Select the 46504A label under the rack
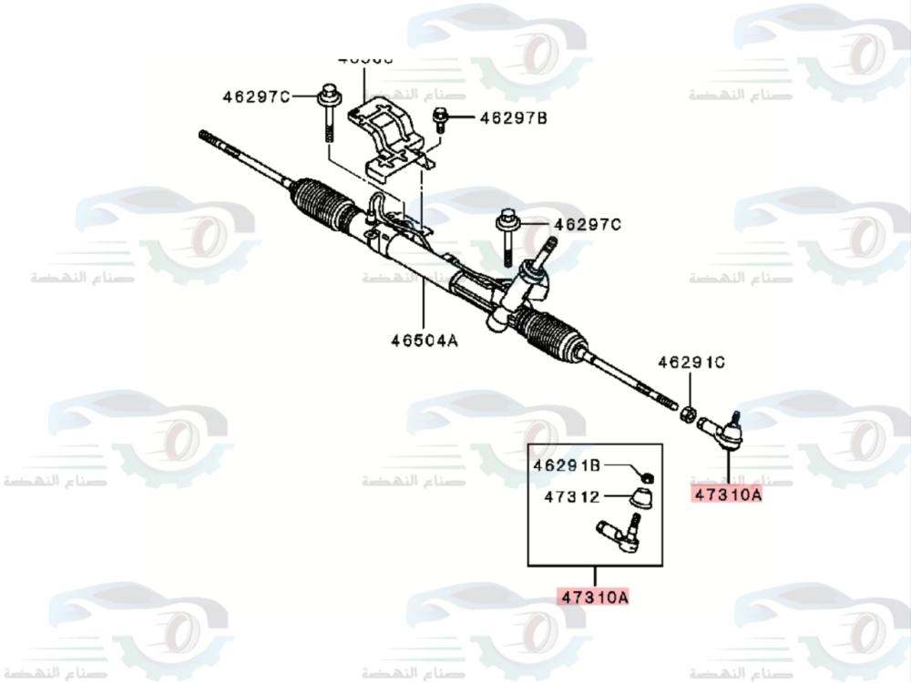tap(424, 341)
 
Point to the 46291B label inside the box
tap(567, 466)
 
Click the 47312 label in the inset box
tap(572, 497)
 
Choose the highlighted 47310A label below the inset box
tap(594, 597)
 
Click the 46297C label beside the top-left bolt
tap(256, 97)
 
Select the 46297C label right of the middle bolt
tap(588, 224)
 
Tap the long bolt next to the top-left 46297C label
tap(329, 118)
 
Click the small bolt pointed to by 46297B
tap(442, 117)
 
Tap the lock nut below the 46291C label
tap(690, 413)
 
